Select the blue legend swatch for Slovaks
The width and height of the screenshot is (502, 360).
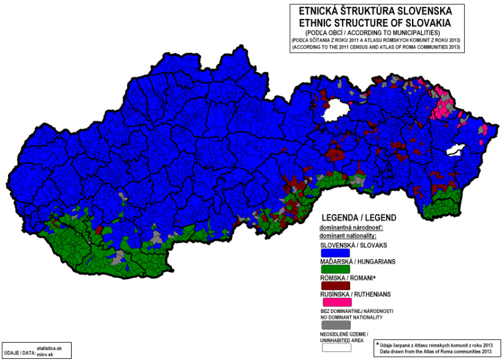[335, 252]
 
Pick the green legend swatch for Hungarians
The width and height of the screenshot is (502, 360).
[335, 269]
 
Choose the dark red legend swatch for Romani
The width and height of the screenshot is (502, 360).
[335, 285]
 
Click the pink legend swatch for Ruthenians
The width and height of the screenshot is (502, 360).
[335, 302]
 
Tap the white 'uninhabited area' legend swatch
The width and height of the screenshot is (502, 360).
[335, 347]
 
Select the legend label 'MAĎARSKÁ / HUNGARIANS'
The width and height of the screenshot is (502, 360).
[358, 261]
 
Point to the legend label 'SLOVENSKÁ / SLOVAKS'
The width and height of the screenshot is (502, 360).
[354, 245]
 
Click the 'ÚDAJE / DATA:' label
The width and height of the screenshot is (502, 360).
[19, 353]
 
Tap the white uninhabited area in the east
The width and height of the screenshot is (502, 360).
[457, 149]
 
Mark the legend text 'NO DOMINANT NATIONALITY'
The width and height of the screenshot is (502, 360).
[352, 317]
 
